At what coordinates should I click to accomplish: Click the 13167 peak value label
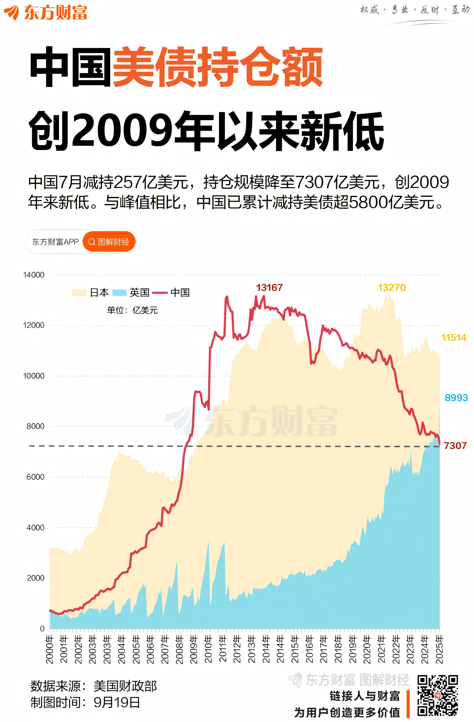tap(269, 287)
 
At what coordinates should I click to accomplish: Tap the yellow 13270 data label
tap(391, 287)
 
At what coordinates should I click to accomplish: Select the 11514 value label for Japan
tap(453, 337)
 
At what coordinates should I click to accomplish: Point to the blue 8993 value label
tap(456, 398)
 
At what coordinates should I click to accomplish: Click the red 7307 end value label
tap(454, 446)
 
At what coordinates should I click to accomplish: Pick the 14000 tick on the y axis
tap(34, 275)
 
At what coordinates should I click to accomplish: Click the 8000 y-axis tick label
tap(35, 426)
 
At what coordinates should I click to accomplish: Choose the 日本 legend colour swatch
tap(79, 292)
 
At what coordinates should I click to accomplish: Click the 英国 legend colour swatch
tap(119, 292)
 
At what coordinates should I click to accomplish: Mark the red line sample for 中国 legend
tap(159, 292)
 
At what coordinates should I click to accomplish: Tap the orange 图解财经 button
tap(109, 241)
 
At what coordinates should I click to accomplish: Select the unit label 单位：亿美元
tap(132, 310)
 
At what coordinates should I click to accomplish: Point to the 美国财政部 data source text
tap(125, 686)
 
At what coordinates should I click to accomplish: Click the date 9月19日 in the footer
tap(117, 702)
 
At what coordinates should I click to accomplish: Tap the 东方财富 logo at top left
tap(46, 12)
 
